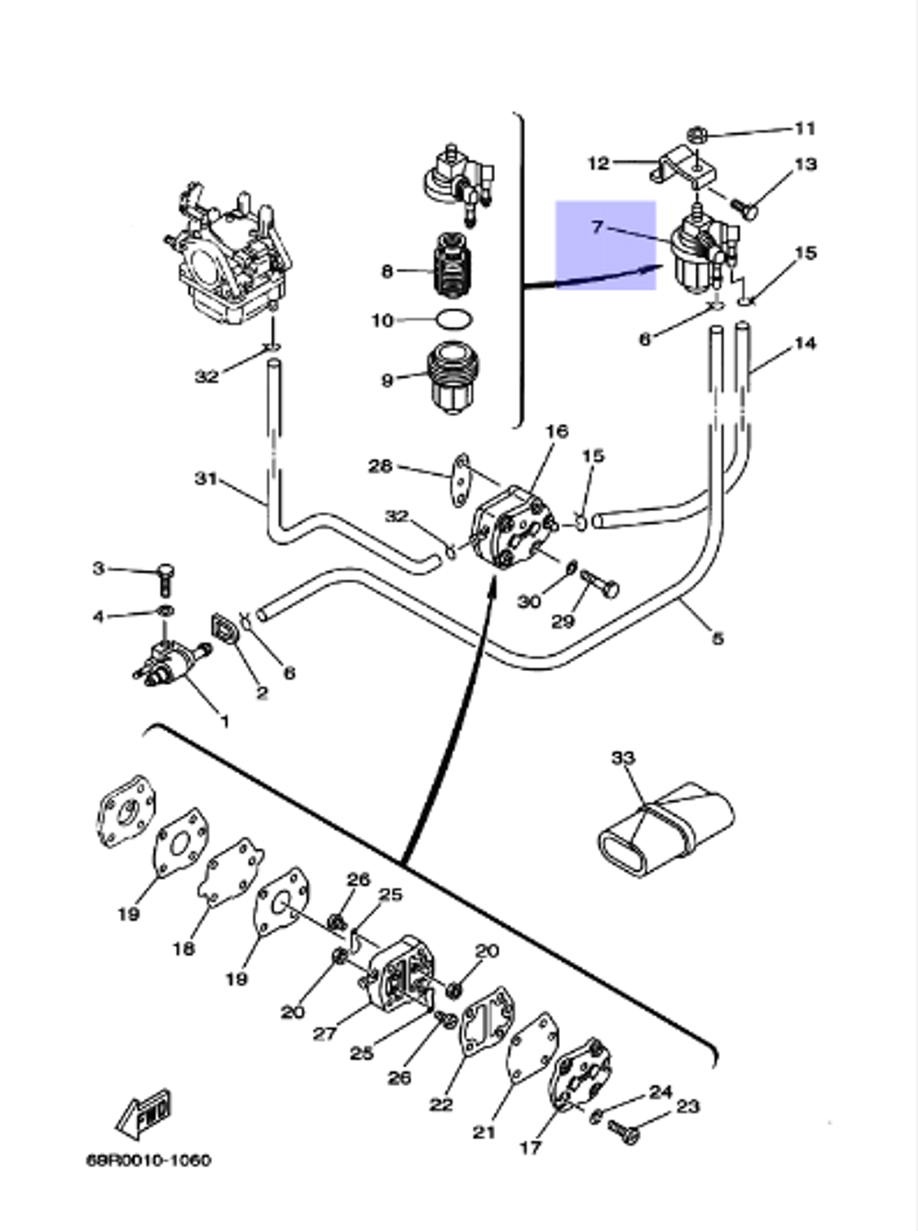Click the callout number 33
(x=622, y=758)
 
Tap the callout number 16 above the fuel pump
(x=556, y=431)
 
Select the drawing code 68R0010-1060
(x=148, y=1160)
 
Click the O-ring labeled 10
(x=453, y=320)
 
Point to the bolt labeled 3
(x=167, y=576)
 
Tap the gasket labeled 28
(x=461, y=477)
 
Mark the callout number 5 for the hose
(x=717, y=637)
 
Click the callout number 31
(x=206, y=478)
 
